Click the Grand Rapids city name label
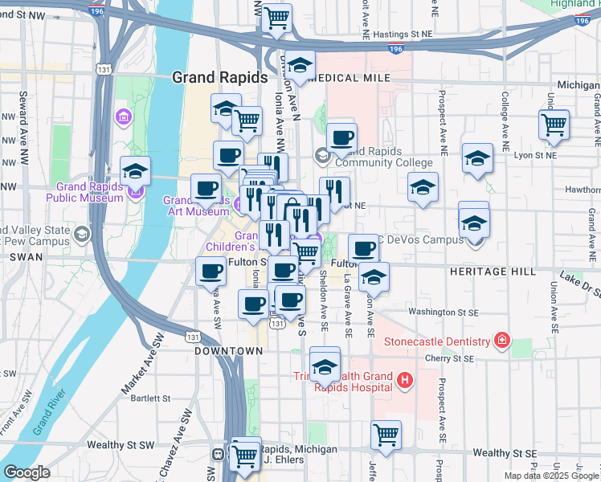tap(220, 78)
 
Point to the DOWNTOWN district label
tap(229, 351)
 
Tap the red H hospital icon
tap(405, 379)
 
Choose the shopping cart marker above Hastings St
tap(277, 18)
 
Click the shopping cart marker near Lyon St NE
tap(554, 125)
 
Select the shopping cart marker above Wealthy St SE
tap(386, 435)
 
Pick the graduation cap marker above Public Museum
tap(135, 170)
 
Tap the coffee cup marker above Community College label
tap(341, 137)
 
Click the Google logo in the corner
tap(27, 472)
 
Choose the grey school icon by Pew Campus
tap(81, 235)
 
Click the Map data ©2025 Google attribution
tap(551, 476)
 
